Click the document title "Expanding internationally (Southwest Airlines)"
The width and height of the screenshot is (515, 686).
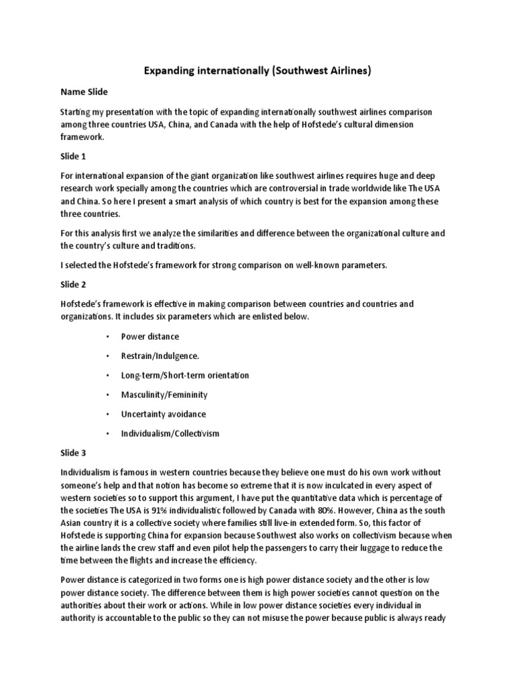pyautogui.click(x=257, y=70)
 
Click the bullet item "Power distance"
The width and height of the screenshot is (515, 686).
pyautogui.click(x=150, y=336)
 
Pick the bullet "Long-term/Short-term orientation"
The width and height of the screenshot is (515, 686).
pyautogui.click(x=184, y=375)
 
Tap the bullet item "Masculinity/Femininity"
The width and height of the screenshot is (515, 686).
pyautogui.click(x=164, y=395)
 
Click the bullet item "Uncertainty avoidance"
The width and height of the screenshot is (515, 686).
pyautogui.click(x=163, y=414)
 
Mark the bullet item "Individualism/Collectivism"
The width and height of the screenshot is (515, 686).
pyautogui.click(x=170, y=433)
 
